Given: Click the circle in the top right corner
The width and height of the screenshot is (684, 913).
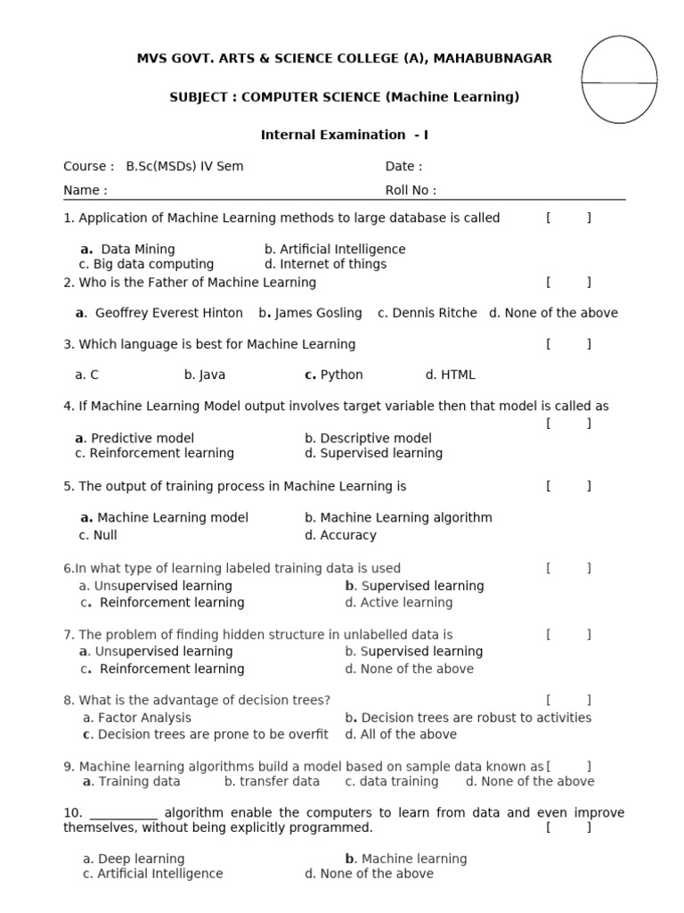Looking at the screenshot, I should point(619,79).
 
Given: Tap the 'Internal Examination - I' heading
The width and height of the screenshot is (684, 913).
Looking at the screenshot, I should point(345,136).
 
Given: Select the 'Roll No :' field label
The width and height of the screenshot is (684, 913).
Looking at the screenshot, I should point(411,190).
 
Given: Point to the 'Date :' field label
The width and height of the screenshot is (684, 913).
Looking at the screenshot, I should point(403,167).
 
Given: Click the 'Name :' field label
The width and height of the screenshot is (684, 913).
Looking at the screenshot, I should point(85,190).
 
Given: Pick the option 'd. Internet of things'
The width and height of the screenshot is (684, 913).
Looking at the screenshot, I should point(325,265).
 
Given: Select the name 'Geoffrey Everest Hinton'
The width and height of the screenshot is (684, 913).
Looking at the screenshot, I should point(168,313).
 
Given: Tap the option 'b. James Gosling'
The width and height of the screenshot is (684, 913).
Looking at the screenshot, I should point(311,313).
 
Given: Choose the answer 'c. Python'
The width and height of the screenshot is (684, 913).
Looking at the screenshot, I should point(334,375).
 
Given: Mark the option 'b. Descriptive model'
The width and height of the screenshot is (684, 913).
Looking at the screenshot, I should point(368,439).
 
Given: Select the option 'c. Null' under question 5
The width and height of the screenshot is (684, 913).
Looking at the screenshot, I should point(98,536).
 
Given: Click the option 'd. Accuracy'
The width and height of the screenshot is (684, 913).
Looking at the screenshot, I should point(340,536).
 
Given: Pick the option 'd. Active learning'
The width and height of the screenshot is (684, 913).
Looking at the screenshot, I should point(399,603).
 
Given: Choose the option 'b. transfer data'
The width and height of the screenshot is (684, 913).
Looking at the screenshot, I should point(272,782).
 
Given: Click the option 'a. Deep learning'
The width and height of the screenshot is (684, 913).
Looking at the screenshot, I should point(134,860).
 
